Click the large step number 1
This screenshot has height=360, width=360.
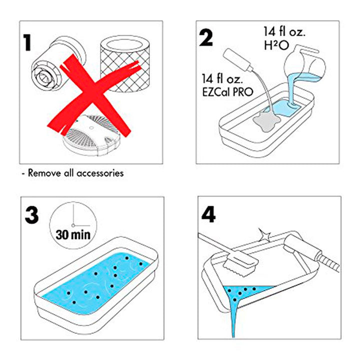[28, 43]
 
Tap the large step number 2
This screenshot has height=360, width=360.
[206, 38]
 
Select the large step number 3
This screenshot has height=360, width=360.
[31, 215]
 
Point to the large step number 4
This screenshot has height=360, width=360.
[208, 214]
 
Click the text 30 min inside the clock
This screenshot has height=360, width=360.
[73, 234]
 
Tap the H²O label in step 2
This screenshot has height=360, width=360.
[276, 45]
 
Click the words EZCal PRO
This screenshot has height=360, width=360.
[227, 92]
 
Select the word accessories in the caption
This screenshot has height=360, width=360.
[100, 173]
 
